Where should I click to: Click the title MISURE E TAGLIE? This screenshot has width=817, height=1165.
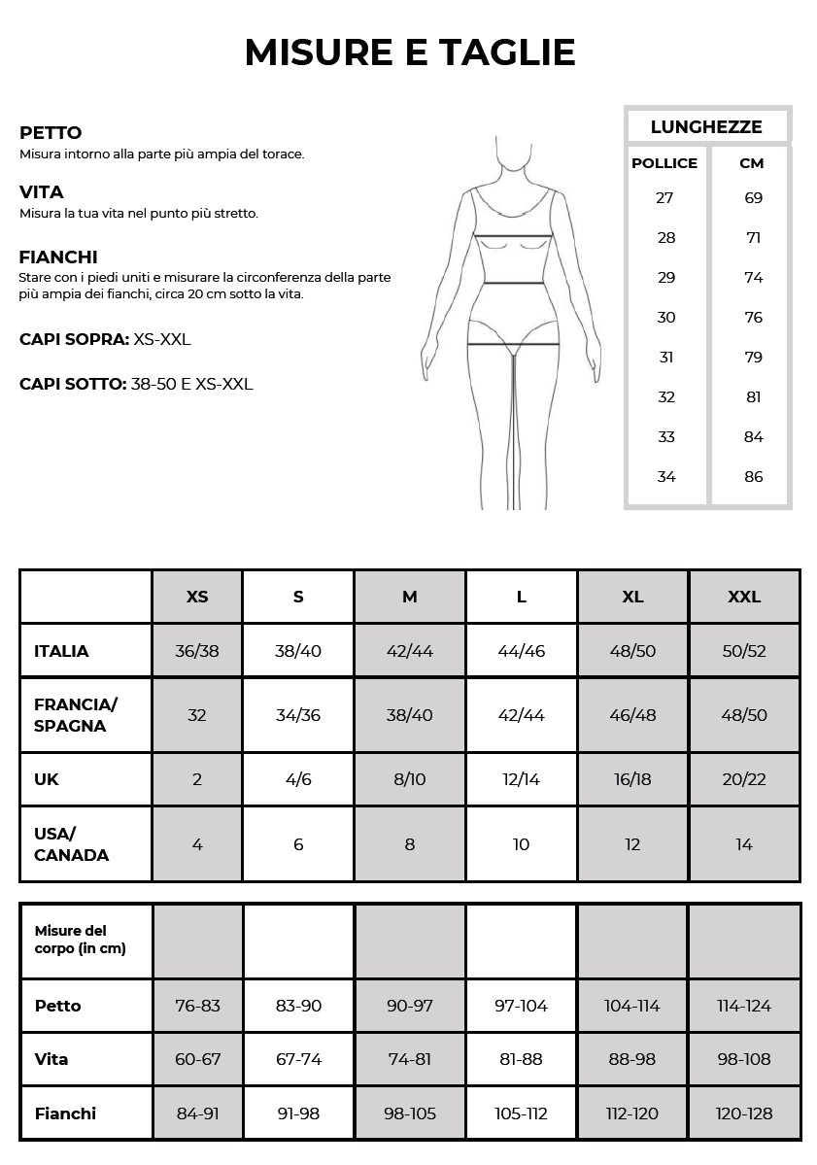(x=409, y=52)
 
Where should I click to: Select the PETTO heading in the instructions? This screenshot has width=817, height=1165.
(x=51, y=133)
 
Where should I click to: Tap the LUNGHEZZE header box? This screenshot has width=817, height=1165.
(x=706, y=126)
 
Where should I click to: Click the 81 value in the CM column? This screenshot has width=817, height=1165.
(x=753, y=396)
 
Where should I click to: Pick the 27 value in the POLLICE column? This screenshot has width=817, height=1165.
(x=665, y=197)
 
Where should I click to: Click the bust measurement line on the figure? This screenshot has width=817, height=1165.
(x=513, y=235)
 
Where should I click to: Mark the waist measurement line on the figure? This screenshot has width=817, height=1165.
(x=513, y=283)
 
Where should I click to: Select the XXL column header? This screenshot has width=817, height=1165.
(x=744, y=597)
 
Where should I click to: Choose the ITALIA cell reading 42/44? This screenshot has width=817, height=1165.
(x=410, y=651)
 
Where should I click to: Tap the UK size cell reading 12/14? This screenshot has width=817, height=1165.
(x=522, y=779)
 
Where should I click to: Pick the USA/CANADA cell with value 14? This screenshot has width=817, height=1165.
(x=744, y=844)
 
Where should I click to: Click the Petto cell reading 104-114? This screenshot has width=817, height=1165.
(x=632, y=1006)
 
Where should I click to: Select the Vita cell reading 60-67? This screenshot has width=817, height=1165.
(x=198, y=1059)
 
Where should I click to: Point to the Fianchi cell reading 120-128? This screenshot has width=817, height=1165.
(x=744, y=1114)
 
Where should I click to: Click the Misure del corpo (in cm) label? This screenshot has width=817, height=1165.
(x=80, y=940)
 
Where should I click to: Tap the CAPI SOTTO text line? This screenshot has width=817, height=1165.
(x=136, y=384)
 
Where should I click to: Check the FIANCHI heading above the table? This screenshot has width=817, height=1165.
(x=58, y=257)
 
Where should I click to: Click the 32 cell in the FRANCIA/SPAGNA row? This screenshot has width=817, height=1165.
(x=197, y=715)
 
